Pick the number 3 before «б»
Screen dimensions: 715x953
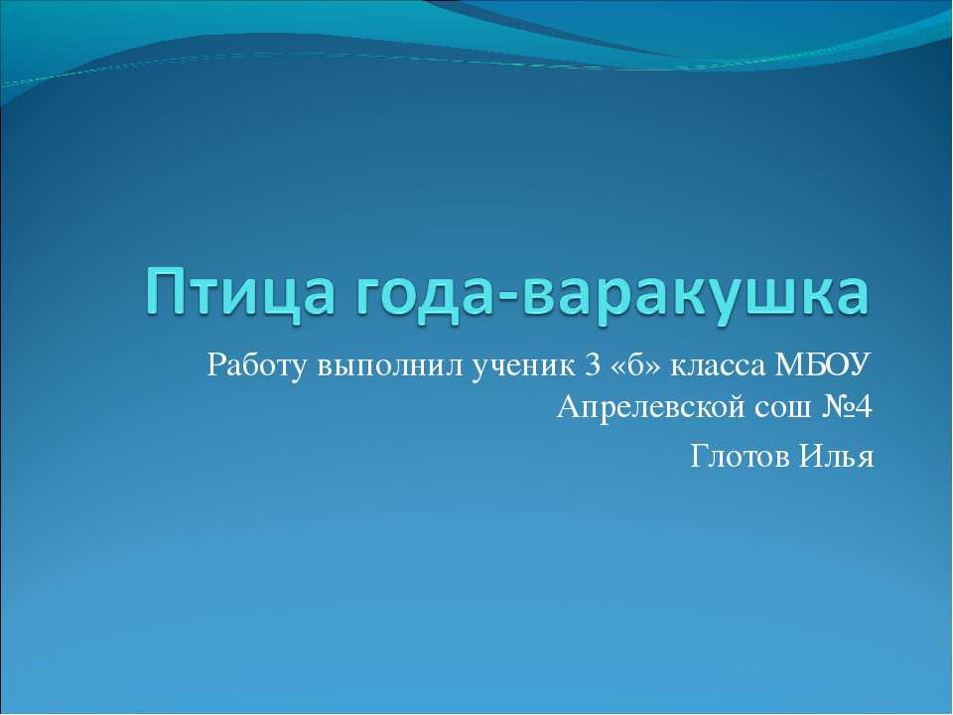(x=593, y=365)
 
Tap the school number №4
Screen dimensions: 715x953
(x=845, y=406)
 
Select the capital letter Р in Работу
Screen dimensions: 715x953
(x=217, y=365)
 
